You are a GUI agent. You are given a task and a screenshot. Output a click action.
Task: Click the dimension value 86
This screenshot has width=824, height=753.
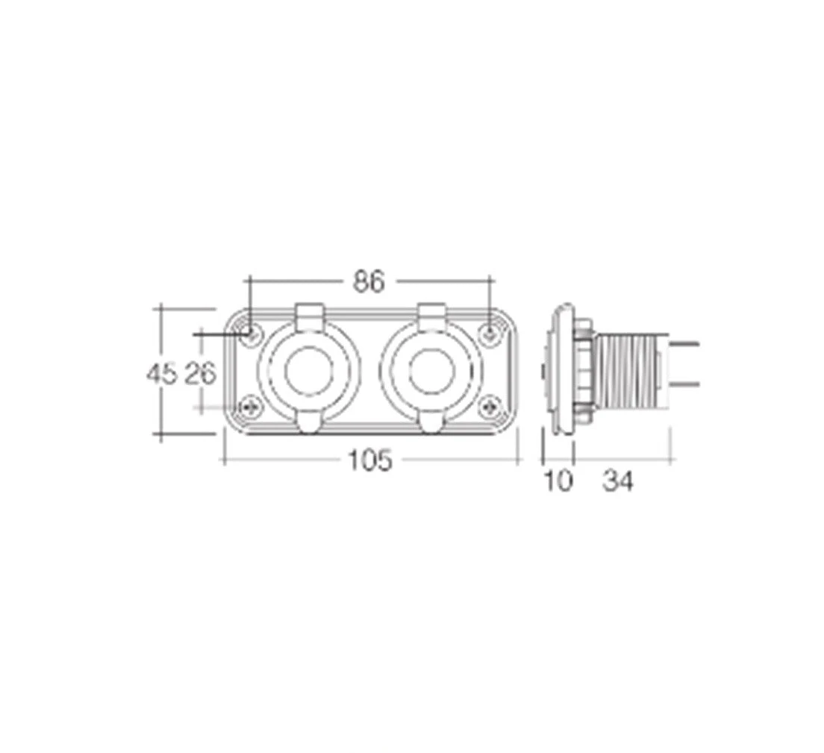(x=368, y=282)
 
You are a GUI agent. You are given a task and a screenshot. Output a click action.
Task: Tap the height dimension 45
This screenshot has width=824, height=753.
(x=161, y=373)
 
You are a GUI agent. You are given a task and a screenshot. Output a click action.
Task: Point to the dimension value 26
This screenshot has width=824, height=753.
(x=200, y=373)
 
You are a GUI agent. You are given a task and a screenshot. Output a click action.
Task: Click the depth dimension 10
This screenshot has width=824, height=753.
(x=558, y=482)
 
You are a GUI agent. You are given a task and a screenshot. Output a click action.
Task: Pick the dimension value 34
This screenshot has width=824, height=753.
(x=618, y=482)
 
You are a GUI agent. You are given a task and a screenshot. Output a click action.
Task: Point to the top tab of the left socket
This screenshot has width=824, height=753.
(x=309, y=313)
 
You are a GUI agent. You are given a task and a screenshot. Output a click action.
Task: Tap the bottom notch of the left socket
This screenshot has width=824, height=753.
(x=309, y=423)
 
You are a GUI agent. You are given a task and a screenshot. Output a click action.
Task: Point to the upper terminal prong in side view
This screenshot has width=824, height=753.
(x=685, y=345)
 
